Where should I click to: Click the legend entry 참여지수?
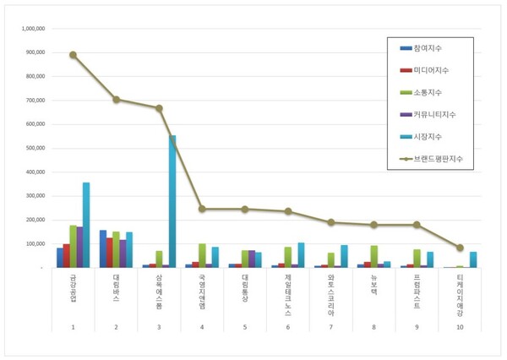click(427, 47)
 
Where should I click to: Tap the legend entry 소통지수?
click(427, 91)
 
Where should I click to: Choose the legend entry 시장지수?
click(427, 135)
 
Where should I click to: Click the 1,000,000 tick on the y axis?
click(33, 28)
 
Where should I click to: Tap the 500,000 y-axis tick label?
click(35, 148)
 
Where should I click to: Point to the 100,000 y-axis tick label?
click(35, 243)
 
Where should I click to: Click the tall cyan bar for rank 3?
click(172, 201)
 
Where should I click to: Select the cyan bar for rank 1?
click(85, 225)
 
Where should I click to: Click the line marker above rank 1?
click(74, 55)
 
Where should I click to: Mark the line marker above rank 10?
click(460, 248)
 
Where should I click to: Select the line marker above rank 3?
click(159, 108)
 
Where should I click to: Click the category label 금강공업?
click(74, 285)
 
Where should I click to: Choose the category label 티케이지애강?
click(460, 292)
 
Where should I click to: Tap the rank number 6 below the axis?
click(288, 326)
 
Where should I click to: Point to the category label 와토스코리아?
click(331, 289)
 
